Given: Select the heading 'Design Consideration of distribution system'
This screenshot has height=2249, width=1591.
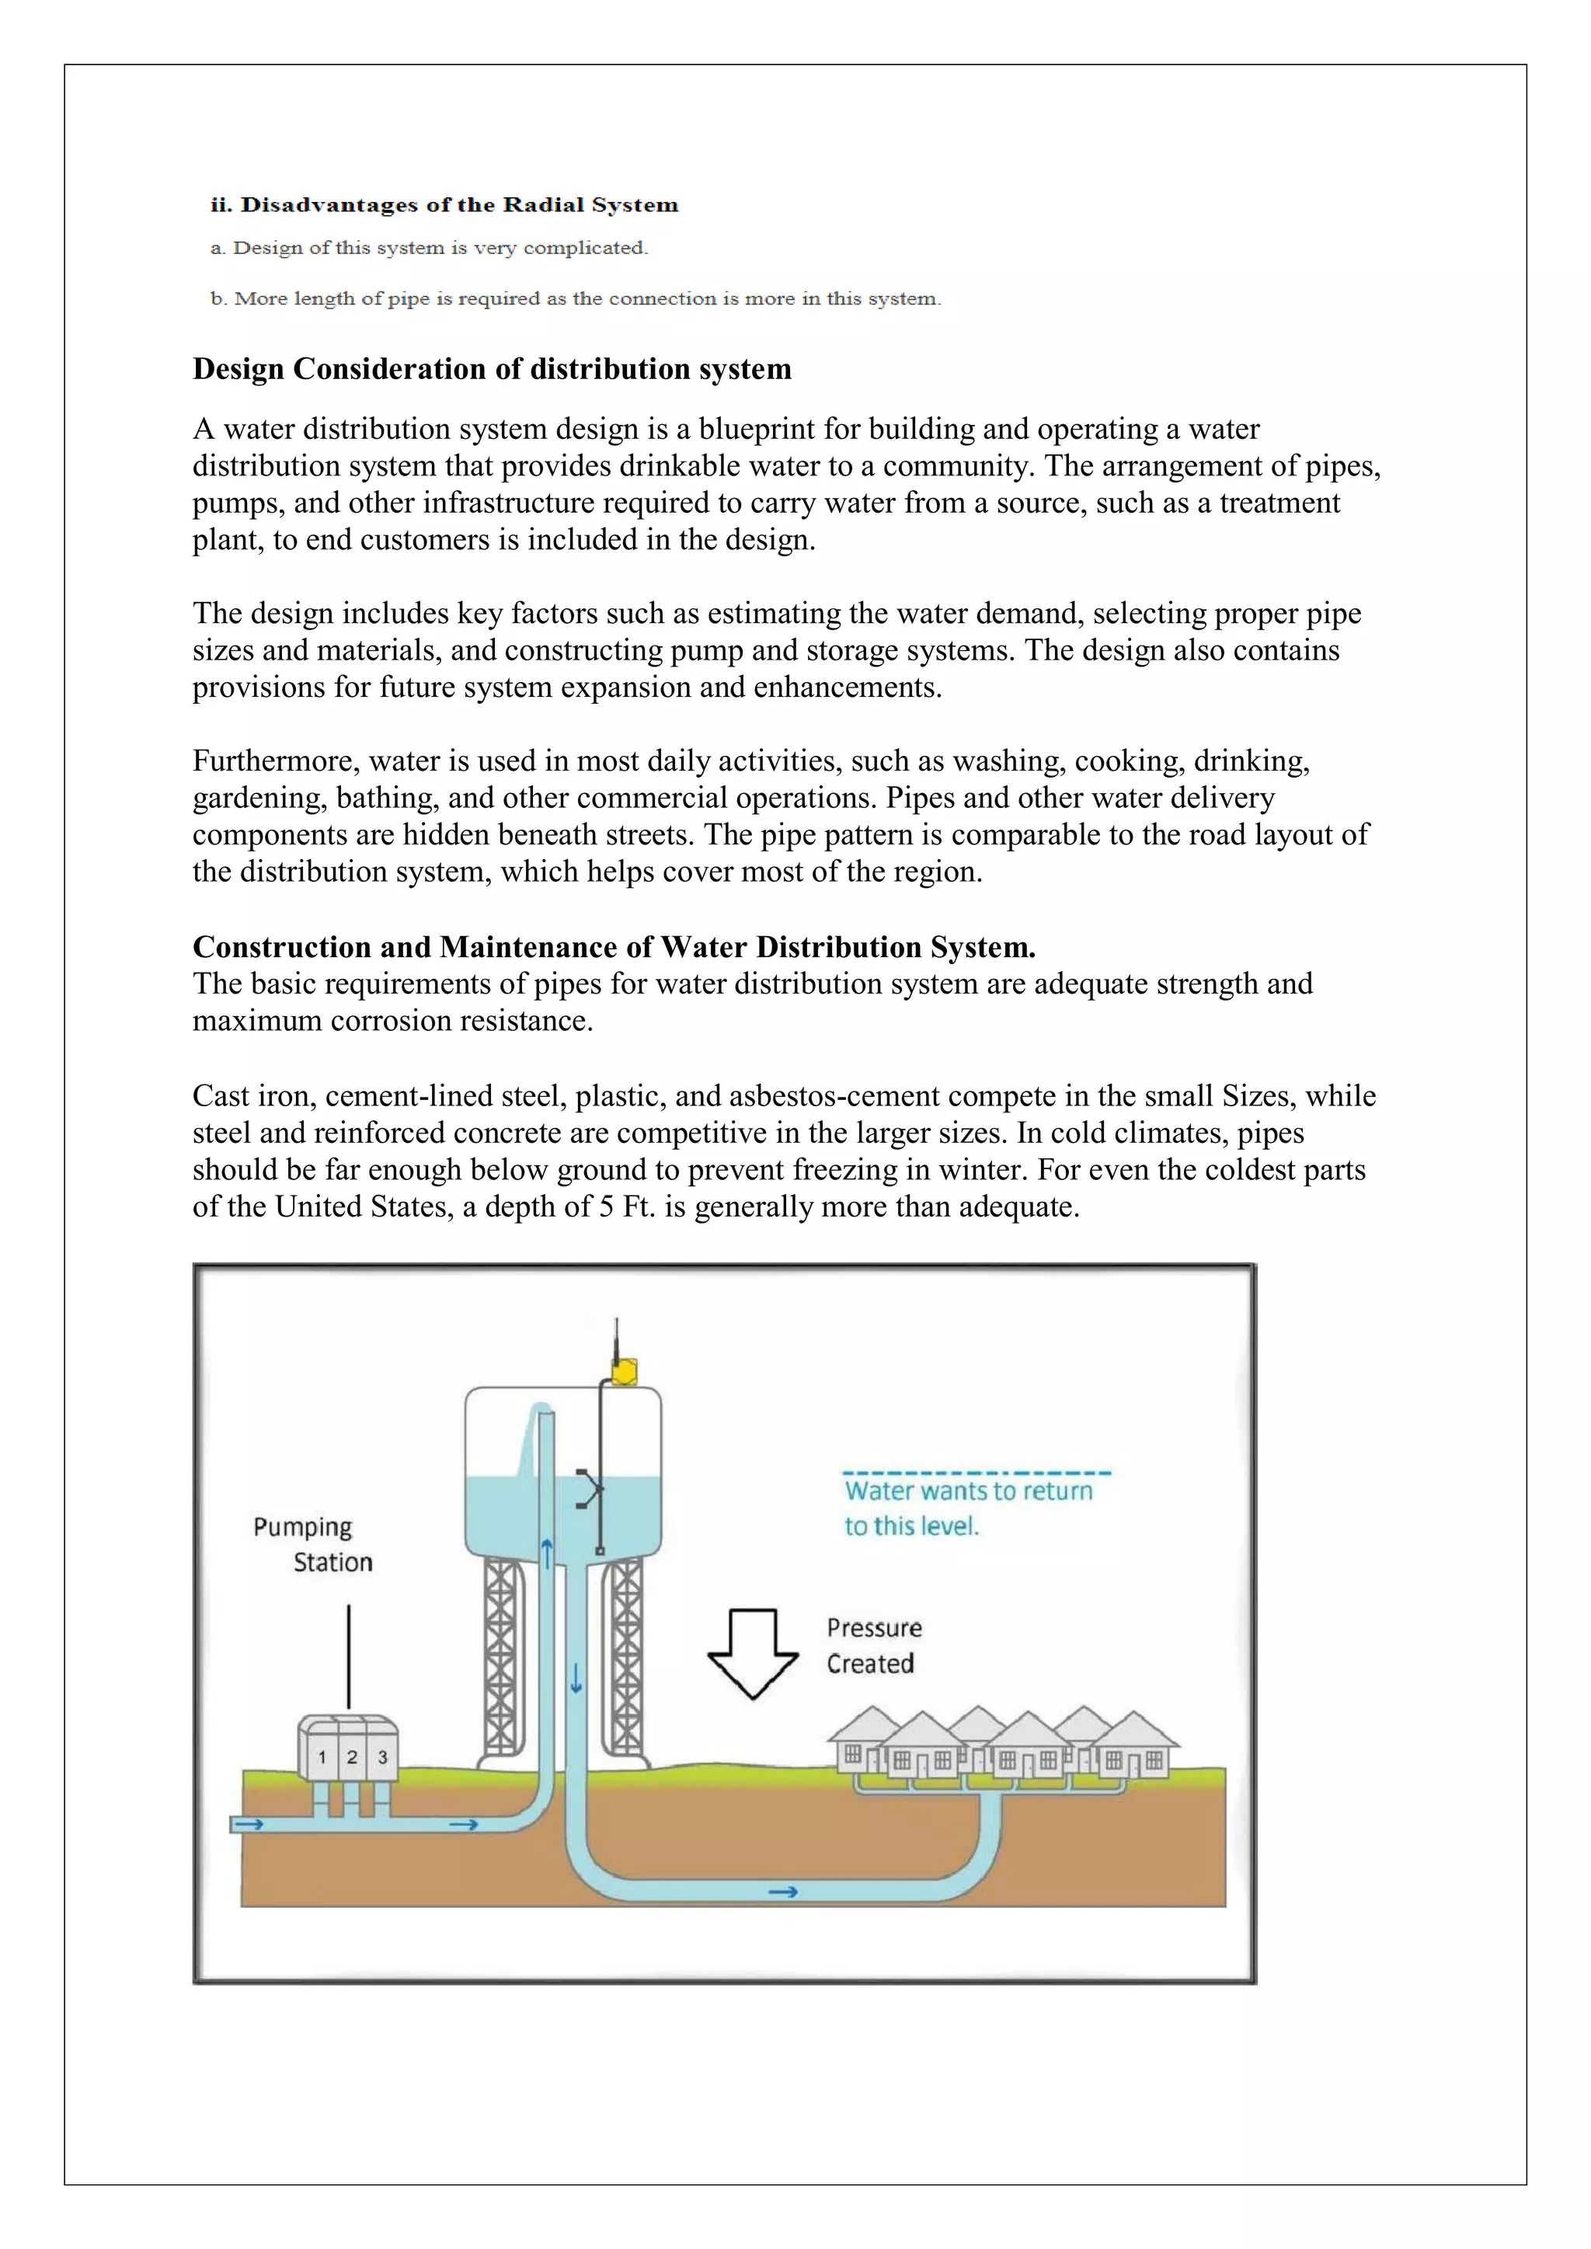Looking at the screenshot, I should (492, 369).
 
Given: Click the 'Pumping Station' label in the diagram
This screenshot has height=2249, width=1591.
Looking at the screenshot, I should (312, 1544).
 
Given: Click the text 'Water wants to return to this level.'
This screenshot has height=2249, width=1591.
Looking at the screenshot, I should (967, 1509).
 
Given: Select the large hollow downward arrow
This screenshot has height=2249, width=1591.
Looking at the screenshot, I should (753, 1653).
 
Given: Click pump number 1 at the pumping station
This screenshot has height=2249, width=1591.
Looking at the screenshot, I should (322, 1757).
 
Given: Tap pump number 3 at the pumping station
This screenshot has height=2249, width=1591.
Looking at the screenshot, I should (383, 1757).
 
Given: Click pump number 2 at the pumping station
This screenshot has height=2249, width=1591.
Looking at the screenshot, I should (352, 1757).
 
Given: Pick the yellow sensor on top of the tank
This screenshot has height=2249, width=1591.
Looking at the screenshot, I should (624, 1371).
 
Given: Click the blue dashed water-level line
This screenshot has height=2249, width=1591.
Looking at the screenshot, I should (976, 1472).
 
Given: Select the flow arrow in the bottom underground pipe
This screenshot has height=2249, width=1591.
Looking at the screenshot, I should (783, 1892).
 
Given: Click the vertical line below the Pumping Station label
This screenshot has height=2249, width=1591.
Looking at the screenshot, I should (349, 1655).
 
